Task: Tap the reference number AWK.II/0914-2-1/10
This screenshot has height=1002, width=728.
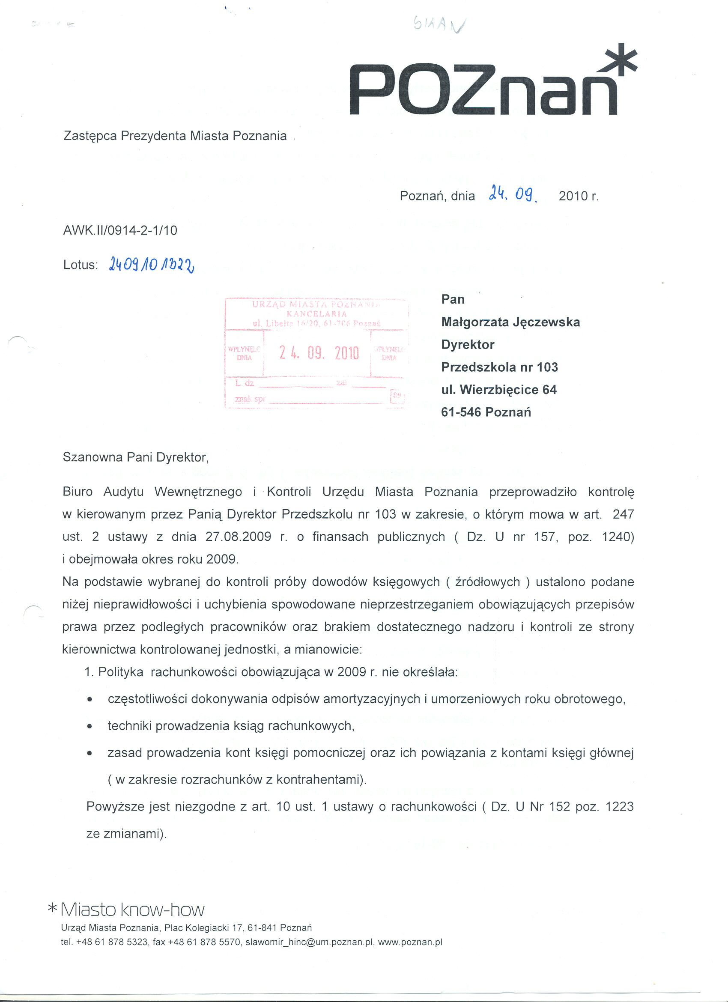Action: click(120, 230)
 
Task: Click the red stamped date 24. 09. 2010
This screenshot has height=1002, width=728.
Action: click(319, 352)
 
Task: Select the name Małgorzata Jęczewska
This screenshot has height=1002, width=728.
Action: click(510, 322)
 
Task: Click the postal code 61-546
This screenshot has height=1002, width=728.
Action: click(461, 412)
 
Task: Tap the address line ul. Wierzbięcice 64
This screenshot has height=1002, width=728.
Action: click(499, 390)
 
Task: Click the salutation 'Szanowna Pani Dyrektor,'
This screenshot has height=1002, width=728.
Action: click(136, 457)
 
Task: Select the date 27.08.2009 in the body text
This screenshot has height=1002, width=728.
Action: click(239, 537)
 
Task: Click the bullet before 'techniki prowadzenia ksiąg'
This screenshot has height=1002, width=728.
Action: click(90, 726)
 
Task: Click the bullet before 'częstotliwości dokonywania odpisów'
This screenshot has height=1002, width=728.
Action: click(90, 700)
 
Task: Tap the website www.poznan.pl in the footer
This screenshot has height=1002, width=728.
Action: click(410, 942)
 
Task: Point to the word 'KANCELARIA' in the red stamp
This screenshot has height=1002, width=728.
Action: click(317, 314)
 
